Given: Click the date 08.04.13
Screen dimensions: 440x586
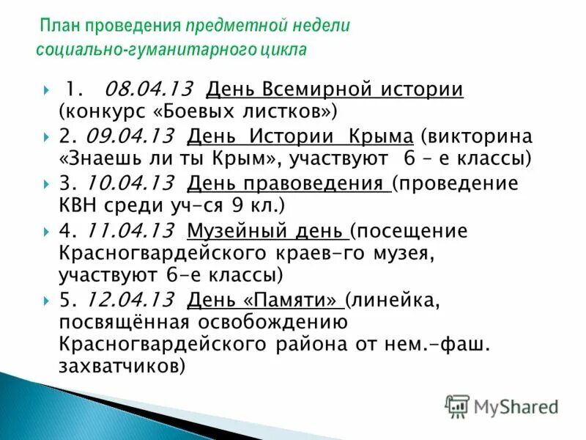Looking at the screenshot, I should [149, 89].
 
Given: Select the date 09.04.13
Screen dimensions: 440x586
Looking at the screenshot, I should [130, 136].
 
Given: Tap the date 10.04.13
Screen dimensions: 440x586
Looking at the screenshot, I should [130, 183].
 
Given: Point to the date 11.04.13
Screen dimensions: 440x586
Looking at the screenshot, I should [130, 230].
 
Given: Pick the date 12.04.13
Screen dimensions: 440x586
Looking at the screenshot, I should [130, 299].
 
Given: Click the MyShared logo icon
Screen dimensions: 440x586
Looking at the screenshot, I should [457, 406].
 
